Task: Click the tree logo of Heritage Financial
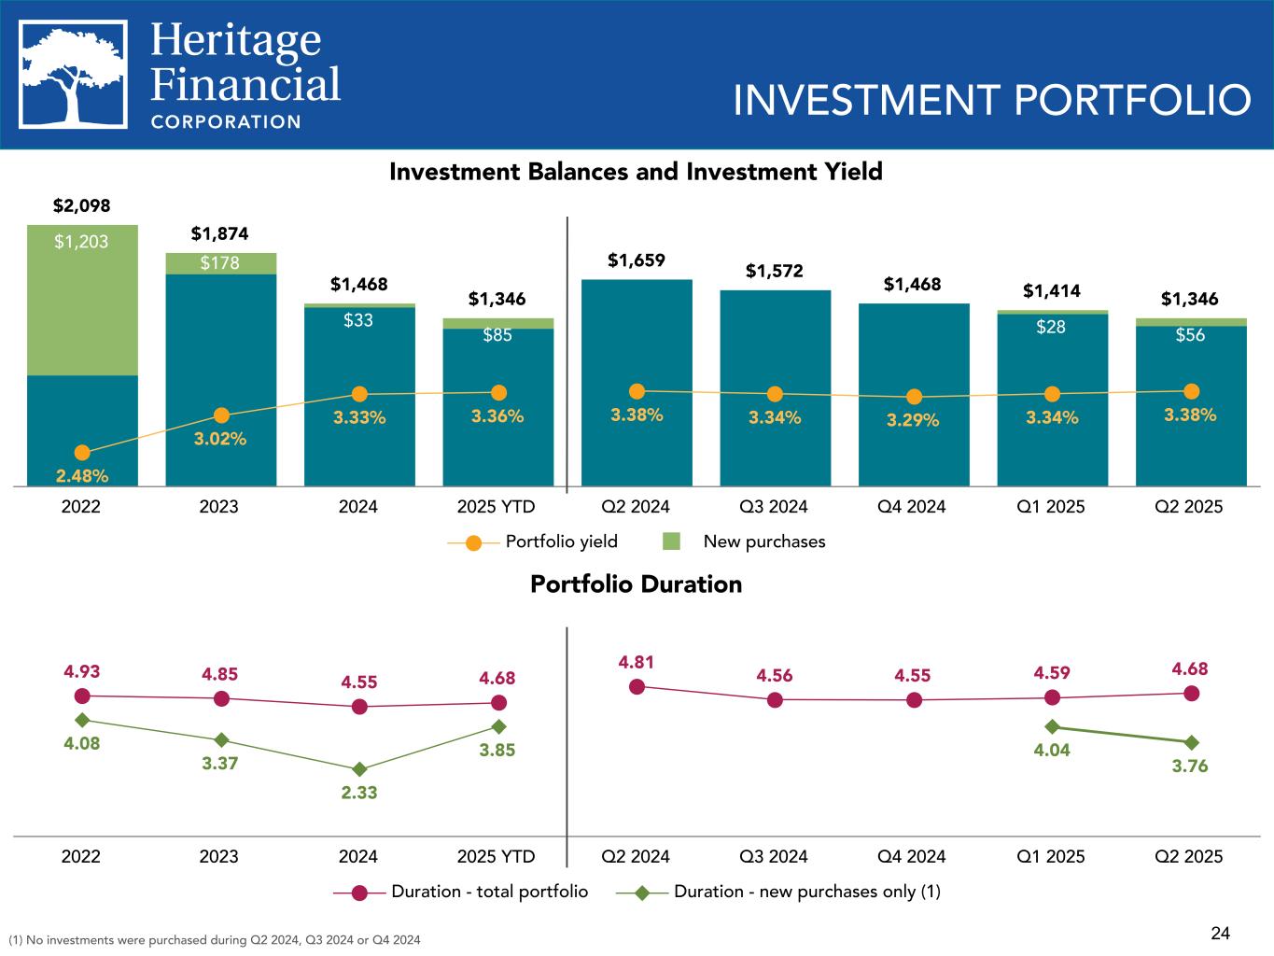tap(74, 75)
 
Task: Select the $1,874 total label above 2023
tap(220, 232)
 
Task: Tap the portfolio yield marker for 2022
tap(82, 453)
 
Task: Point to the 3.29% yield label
tap(913, 420)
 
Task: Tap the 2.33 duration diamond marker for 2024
tap(359, 769)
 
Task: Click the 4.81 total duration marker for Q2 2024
tap(637, 686)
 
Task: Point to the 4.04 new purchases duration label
tap(1051, 750)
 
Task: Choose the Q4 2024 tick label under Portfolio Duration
tap(912, 856)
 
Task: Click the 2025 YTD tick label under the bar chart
tap(497, 507)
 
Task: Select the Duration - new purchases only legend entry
tap(778, 892)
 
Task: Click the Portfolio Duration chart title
tap(636, 584)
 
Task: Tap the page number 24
tap(1221, 933)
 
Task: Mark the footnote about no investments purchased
tap(214, 939)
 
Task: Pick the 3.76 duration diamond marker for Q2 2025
tap(1191, 742)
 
